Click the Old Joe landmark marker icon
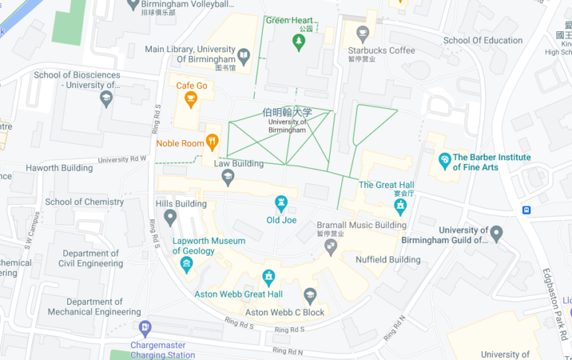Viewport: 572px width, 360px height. [282, 202]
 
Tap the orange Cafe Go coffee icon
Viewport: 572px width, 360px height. [191, 100]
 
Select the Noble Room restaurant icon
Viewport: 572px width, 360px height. [212, 140]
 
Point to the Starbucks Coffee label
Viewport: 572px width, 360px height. [381, 50]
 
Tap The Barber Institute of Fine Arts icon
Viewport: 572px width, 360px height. [445, 160]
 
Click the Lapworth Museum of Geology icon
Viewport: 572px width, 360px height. [186, 265]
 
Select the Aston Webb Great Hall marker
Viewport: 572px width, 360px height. [269, 278]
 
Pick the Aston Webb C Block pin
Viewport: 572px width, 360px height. [310, 296]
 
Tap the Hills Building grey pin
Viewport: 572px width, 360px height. [171, 218]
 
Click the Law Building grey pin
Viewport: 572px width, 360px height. [228, 177]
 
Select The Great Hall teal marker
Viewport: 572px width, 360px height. [401, 205]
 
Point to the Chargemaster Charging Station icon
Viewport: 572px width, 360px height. [145, 327]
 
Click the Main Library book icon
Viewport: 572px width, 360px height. [244, 54]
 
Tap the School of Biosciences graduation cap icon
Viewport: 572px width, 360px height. [107, 98]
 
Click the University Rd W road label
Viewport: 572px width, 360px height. [123, 159]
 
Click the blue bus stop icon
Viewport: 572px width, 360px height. [527, 209]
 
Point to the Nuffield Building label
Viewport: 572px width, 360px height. [387, 260]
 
